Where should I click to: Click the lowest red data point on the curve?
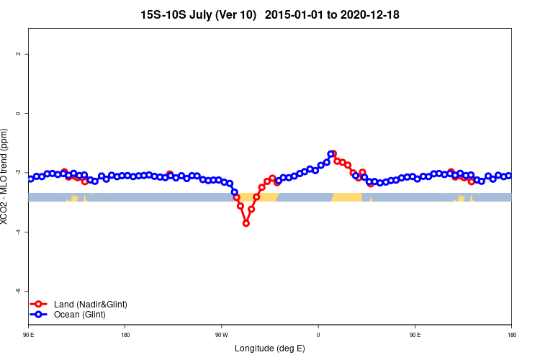coord(246,223)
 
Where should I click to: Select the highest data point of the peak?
coord(332,154)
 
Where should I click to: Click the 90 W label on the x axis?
coord(221,335)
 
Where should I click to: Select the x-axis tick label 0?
coord(318,335)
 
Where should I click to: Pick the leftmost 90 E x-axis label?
coord(29,335)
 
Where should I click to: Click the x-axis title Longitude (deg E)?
coord(270,348)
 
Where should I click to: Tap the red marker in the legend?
coord(40,305)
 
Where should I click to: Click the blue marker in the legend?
coord(40,315)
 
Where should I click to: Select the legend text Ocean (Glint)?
coord(80,315)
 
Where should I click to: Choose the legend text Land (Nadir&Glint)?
coord(91,305)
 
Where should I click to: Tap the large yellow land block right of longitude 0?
coord(346,197)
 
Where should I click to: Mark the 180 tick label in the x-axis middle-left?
coord(125,335)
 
